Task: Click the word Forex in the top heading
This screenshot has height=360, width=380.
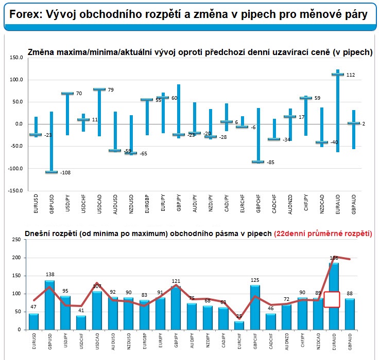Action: click(x=24, y=15)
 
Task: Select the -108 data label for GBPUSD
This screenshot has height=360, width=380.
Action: click(x=65, y=172)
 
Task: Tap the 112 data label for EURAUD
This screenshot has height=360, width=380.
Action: click(x=350, y=75)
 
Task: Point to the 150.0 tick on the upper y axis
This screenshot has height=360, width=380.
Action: click(x=16, y=58)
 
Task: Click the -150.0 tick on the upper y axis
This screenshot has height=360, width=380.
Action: click(x=15, y=191)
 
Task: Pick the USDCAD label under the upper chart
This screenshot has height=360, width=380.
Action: click(x=99, y=203)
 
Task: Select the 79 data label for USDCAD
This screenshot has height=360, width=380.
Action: click(x=111, y=90)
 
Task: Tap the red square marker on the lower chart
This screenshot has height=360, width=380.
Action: click(x=332, y=299)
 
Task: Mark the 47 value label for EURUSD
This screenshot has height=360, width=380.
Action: click(x=33, y=308)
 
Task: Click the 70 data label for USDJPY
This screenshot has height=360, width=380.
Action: click(x=79, y=94)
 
